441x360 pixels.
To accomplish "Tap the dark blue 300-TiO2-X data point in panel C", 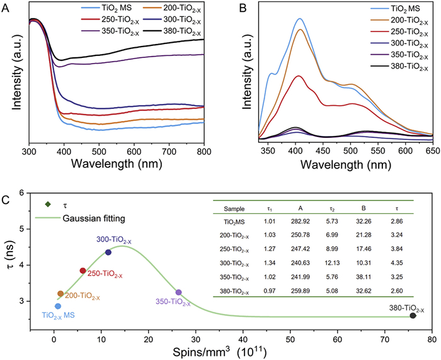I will pos(108,252).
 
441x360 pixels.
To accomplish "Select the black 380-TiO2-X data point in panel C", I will pos(413,315).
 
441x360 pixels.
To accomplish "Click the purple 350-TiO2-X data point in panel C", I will pos(178,292).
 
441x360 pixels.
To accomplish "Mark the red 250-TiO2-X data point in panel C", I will pos(83,271).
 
